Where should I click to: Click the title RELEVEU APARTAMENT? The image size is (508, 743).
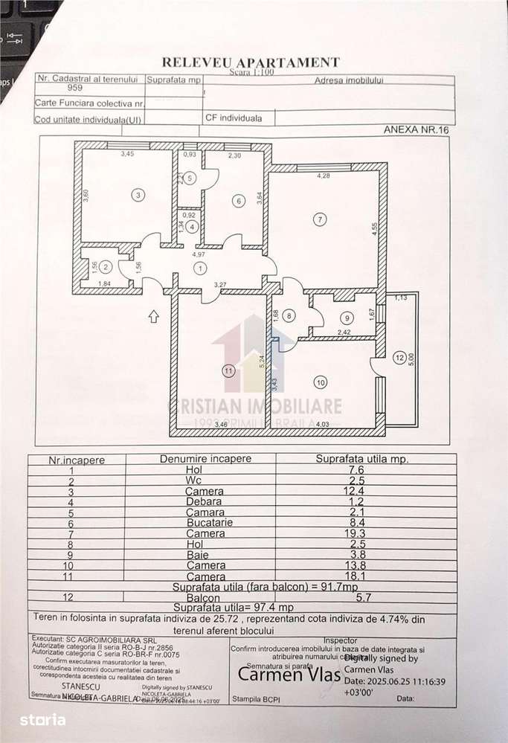click(251, 62)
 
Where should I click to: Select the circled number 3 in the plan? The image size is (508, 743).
click(138, 196)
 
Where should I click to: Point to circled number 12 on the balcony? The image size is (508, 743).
click(399, 358)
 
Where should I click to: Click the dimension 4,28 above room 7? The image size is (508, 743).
click(324, 176)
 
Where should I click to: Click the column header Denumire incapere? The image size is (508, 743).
click(206, 459)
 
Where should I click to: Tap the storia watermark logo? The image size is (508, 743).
click(43, 719)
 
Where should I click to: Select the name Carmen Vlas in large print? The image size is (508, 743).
click(280, 674)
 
